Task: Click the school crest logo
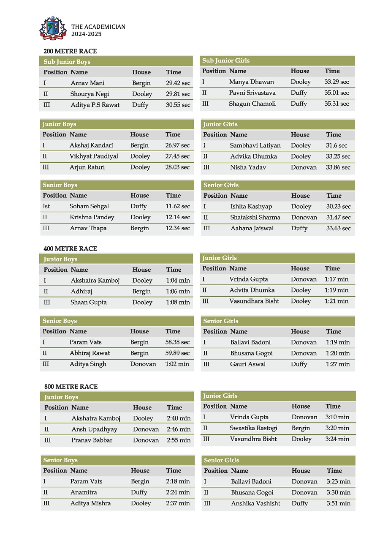click(x=53, y=28)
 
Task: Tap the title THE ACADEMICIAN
click(x=98, y=27)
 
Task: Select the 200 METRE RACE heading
click(x=70, y=51)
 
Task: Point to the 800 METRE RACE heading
click(x=71, y=386)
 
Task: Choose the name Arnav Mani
click(x=87, y=83)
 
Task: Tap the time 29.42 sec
click(x=178, y=83)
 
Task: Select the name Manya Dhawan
click(x=251, y=82)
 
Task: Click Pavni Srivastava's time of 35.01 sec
click(x=337, y=93)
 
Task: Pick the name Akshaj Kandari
click(x=91, y=145)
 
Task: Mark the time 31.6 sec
click(x=337, y=145)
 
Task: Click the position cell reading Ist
click(x=46, y=206)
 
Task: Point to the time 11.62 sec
click(x=177, y=206)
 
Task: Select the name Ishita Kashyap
click(x=251, y=206)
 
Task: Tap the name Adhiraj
click(x=81, y=291)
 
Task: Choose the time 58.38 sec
click(x=177, y=342)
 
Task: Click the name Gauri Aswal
click(x=248, y=364)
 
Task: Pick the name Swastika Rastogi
click(x=253, y=428)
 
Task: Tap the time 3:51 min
click(x=338, y=503)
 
